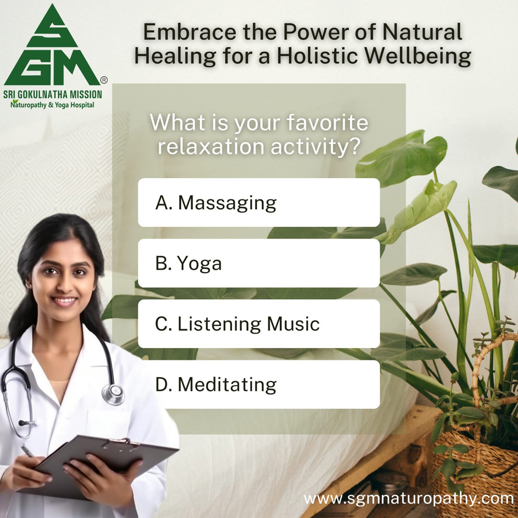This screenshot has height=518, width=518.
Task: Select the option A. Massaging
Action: click(x=258, y=203)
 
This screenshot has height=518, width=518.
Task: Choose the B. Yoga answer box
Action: click(x=258, y=263)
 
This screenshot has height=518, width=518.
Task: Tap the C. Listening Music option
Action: click(x=258, y=324)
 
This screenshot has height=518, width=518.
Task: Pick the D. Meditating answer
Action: click(x=258, y=384)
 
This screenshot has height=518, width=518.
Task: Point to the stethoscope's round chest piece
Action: click(x=113, y=394)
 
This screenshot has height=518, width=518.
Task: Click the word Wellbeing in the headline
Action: click(x=418, y=56)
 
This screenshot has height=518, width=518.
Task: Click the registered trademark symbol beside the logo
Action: click(x=104, y=80)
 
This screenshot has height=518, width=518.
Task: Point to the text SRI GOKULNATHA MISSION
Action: click(x=52, y=94)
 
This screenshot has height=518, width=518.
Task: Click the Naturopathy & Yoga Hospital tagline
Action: click(x=52, y=105)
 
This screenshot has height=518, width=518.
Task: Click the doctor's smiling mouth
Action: click(x=64, y=301)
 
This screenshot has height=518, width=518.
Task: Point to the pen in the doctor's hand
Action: click(x=27, y=451)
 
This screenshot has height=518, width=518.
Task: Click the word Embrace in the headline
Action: click(x=190, y=32)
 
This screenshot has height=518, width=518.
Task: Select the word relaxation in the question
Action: click(x=211, y=147)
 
